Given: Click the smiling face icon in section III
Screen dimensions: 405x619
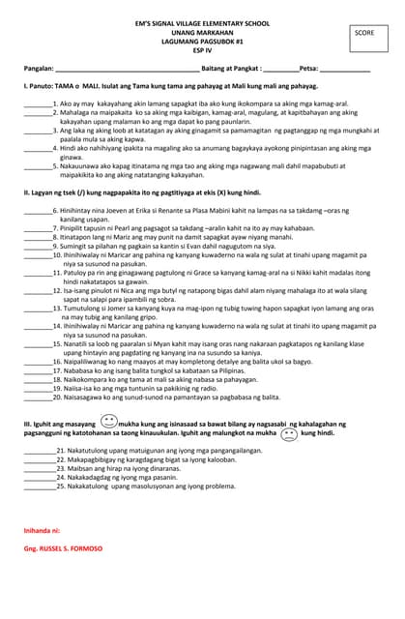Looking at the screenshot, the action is pyautogui.click(x=108, y=423).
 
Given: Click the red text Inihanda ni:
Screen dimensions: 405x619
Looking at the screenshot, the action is pyautogui.click(x=42, y=531).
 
